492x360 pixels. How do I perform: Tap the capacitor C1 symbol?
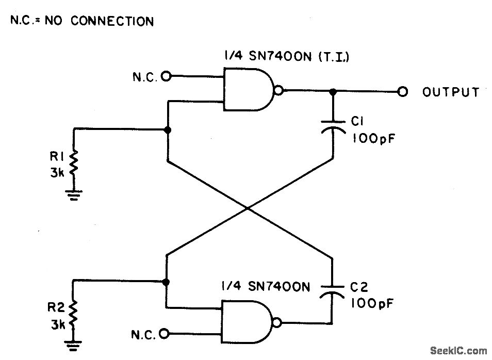point(332,127)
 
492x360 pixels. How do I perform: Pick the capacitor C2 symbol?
point(332,290)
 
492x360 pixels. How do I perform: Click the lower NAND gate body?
point(248,322)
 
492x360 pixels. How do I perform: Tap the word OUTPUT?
point(451,92)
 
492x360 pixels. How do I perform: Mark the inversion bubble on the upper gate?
point(279,91)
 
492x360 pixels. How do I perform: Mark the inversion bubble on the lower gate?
point(278,323)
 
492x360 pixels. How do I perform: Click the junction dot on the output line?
point(333,91)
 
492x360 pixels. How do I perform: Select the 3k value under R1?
point(57,173)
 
